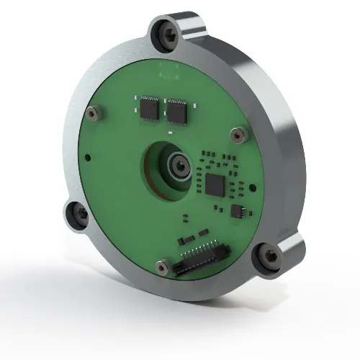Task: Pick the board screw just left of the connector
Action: pyautogui.click(x=158, y=264)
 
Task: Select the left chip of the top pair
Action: pyautogui.click(x=150, y=107)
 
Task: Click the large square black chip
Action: pyautogui.click(x=215, y=184)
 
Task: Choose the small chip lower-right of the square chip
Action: pyautogui.click(x=238, y=210)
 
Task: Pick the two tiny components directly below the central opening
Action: pyautogui.click(x=186, y=216)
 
